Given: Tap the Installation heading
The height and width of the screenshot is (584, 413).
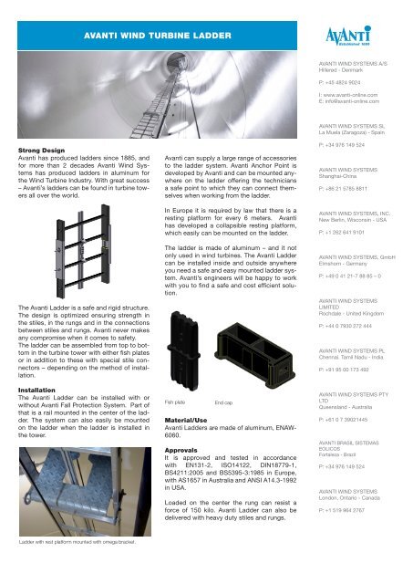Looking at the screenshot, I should [x=29, y=389].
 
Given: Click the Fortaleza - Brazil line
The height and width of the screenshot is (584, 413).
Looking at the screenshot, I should [x=332, y=454].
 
